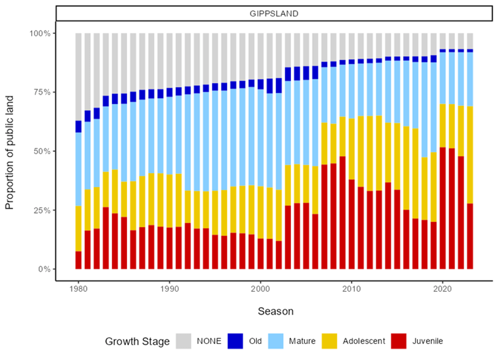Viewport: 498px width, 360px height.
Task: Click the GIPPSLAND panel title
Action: pos(274,14)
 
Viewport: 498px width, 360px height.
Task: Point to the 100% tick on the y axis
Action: pos(40,33)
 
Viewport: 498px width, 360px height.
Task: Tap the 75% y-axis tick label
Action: pos(42,92)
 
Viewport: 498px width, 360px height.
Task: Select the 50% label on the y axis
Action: pos(42,151)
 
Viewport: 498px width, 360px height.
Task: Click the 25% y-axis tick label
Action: pos(42,210)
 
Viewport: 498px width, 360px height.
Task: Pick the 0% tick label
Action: pos(44,269)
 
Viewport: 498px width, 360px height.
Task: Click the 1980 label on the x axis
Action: pos(78,289)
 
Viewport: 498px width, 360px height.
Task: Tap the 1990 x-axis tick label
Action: pos(169,289)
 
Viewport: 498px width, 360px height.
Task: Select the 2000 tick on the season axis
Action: pos(260,289)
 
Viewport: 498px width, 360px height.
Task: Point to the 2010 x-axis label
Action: pos(351,289)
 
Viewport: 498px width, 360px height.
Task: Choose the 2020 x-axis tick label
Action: pos(443,289)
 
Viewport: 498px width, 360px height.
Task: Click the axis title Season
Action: pos(276,311)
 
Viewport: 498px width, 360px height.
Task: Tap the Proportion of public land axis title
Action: pos(9,152)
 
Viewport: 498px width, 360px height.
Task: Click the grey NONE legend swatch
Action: pos(184,341)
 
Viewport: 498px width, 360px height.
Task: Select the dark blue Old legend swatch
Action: pos(235,341)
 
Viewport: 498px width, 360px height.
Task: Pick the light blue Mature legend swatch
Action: pos(276,341)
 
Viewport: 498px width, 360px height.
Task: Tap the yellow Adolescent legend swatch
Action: pos(329,341)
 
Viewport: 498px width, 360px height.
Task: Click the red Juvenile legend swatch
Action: pos(398,341)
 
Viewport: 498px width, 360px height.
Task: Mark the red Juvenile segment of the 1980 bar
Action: pos(78,260)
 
